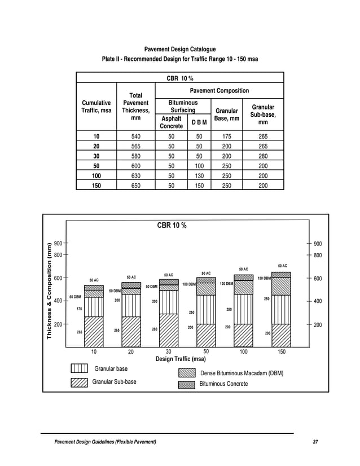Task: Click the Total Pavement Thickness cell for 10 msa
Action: (x=135, y=137)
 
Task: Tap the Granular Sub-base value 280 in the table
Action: (x=263, y=156)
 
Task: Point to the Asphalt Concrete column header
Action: (x=172, y=122)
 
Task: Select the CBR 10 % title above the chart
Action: (x=172, y=226)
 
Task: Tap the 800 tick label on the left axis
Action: (x=58, y=255)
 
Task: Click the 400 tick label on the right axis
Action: (x=318, y=301)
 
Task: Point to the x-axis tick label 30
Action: (x=168, y=351)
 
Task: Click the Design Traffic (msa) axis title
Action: (x=179, y=359)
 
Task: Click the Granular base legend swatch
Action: (x=79, y=369)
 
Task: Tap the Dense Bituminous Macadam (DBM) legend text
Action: (x=242, y=373)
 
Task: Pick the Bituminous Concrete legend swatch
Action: (x=186, y=384)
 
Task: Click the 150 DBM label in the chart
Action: (x=264, y=278)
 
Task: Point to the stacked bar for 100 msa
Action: (x=243, y=310)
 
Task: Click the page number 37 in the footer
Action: (x=315, y=441)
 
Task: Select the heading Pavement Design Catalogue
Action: (x=179, y=50)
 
